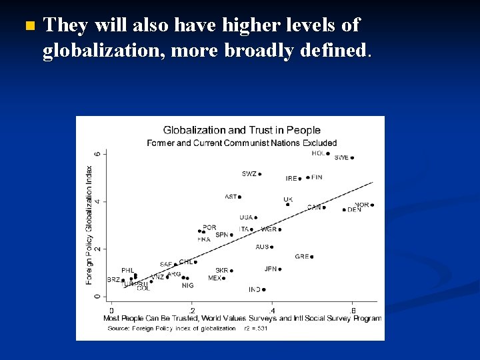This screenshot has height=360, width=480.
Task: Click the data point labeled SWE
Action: click(352, 158)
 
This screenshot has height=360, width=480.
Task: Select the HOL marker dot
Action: click(328, 154)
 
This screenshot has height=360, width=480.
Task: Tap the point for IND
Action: click(264, 290)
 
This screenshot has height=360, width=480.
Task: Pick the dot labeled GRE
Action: click(311, 257)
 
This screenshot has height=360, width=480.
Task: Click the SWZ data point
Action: click(259, 175)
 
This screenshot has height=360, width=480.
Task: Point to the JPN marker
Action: click(280, 269)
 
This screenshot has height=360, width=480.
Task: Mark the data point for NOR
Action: click(372, 205)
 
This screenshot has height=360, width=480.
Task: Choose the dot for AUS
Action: click(272, 247)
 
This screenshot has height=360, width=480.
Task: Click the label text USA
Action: click(246, 217)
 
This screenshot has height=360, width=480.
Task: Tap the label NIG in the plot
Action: click(188, 285)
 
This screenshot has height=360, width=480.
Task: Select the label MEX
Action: click(215, 278)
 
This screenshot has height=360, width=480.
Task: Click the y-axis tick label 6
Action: click(97, 153)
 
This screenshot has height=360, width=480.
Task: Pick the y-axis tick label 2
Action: click(97, 249)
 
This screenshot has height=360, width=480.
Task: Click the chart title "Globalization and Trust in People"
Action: click(242, 131)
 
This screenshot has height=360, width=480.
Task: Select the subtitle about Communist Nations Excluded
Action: click(242, 143)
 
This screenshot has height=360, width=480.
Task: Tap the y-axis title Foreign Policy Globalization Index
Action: click(89, 225)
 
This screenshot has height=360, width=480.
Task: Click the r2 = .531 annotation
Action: click(256, 328)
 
